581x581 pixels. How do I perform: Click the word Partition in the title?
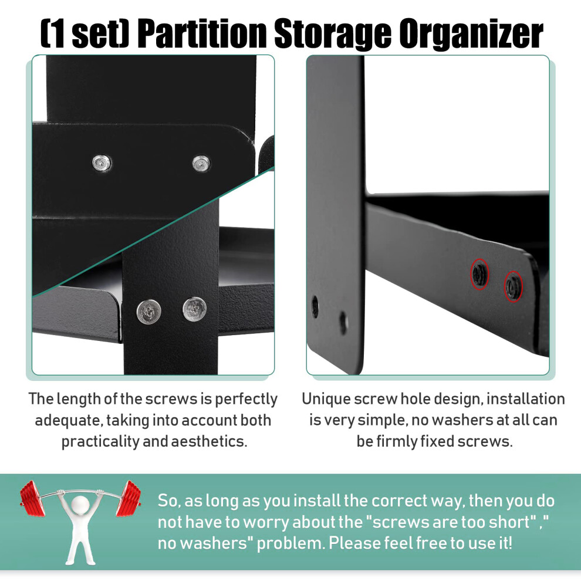pyautogui.click(x=204, y=33)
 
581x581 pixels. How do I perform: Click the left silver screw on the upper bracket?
pyautogui.click(x=102, y=163)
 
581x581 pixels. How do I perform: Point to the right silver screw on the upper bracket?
pyautogui.click(x=201, y=163)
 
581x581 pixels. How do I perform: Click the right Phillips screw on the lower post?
pyautogui.click(x=195, y=309)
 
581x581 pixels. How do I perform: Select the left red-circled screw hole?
pyautogui.click(x=479, y=274)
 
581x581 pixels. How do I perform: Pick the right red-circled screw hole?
pyautogui.click(x=513, y=286)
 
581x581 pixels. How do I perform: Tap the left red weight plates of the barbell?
pyautogui.click(x=33, y=498)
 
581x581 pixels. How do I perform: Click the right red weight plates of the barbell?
pyautogui.click(x=128, y=498)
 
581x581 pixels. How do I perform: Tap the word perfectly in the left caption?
pyautogui.click(x=246, y=400)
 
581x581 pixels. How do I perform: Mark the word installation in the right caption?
pyautogui.click(x=525, y=399)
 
